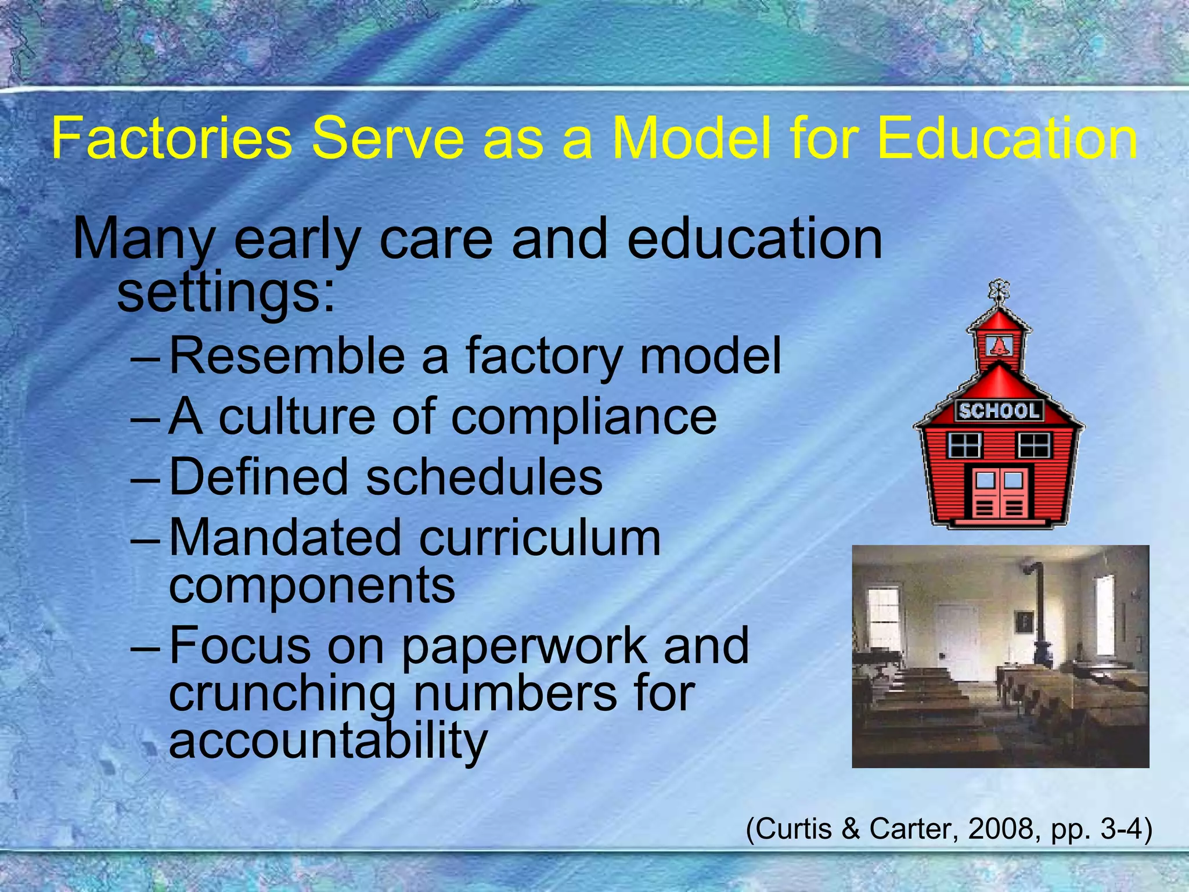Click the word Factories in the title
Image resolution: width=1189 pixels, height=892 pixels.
[171, 139]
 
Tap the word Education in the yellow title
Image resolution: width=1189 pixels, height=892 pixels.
[1007, 139]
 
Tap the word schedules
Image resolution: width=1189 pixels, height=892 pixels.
[484, 477]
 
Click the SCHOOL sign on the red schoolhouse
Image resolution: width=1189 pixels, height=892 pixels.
[999, 411]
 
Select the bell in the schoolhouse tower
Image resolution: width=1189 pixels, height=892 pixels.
[999, 347]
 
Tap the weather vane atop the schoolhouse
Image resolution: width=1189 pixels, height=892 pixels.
[999, 290]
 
